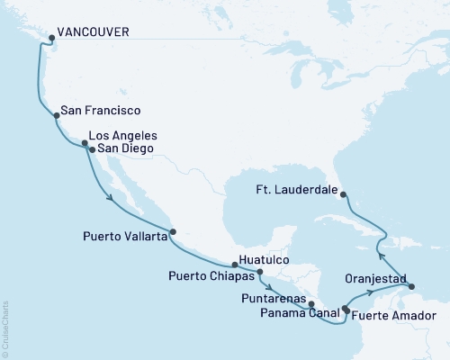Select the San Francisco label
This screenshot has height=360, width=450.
(99, 112)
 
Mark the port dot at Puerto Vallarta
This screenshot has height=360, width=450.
(173, 229)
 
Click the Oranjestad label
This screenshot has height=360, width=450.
(376, 279)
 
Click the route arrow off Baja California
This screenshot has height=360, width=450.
(110, 196)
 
